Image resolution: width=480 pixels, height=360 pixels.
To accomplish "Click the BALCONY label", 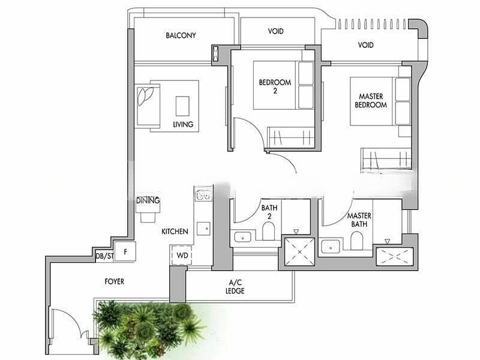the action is [x=181, y=35].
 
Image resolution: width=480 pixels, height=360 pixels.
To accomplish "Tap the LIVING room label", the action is [x=183, y=124].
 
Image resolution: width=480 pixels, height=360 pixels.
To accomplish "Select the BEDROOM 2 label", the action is [x=275, y=86].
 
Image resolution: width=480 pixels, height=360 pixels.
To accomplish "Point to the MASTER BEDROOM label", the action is [x=371, y=101].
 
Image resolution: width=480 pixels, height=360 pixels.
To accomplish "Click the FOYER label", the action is [x=115, y=281].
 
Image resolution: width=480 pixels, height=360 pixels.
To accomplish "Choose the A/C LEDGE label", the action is [x=235, y=287].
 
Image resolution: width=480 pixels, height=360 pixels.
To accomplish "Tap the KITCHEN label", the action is [x=175, y=232].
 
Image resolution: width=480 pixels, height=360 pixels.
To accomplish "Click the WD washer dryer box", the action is [x=182, y=254].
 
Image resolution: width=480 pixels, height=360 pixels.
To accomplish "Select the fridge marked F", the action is [x=125, y=252].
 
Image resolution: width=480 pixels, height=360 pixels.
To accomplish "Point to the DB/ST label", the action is [x=104, y=256].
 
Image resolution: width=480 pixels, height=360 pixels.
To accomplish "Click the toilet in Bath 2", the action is [x=269, y=231].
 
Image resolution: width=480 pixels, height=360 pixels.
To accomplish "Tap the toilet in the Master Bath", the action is [x=356, y=241].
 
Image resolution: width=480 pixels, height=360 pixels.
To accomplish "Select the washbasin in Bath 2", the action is [x=243, y=237].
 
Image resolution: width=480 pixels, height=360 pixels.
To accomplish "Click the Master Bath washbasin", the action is [x=331, y=247].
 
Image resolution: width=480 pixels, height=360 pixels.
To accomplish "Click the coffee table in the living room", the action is [x=182, y=106].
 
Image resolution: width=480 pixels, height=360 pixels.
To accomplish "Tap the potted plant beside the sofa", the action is [x=145, y=95].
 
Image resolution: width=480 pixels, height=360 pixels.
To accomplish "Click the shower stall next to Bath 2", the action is [x=299, y=251].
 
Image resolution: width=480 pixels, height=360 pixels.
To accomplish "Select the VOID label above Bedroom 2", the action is [x=276, y=31].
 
